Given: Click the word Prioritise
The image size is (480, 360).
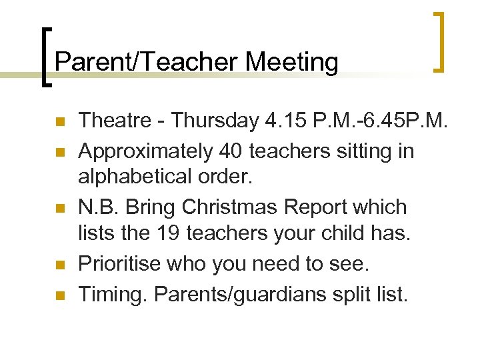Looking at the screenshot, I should pos(117,263).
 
